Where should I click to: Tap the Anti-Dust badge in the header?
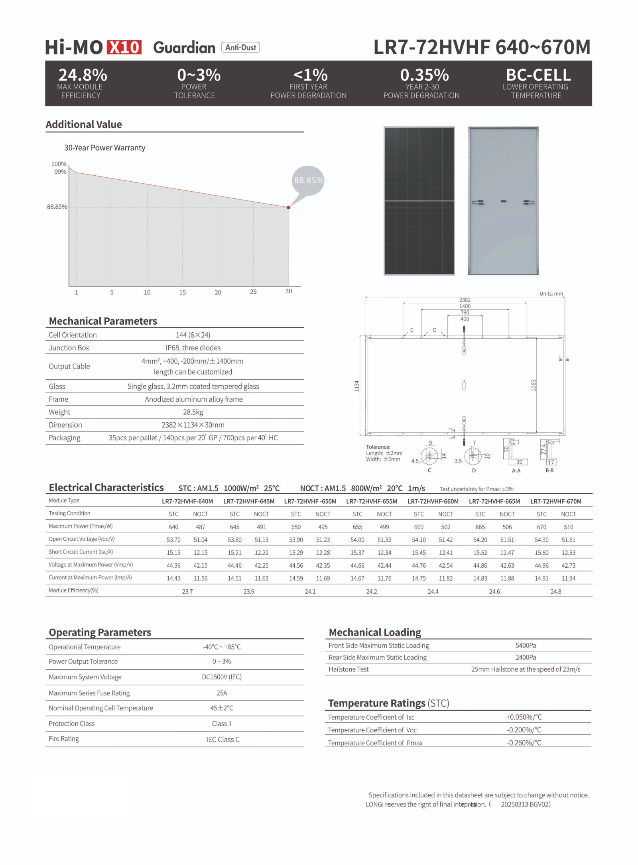pos(240,47)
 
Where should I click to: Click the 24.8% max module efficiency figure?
pos(83,75)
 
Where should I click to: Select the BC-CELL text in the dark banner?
pos(538,75)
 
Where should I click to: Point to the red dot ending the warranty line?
pos(288,208)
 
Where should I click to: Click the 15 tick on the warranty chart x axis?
pos(182,292)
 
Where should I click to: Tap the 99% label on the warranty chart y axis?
pos(60,172)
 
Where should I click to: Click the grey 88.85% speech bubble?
pos(308,180)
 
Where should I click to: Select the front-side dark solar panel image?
pos(419,201)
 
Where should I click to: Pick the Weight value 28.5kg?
pos(193,412)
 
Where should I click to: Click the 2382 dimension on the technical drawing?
pos(465,300)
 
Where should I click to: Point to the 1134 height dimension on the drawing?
pos(357,386)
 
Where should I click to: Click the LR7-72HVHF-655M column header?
pos(371,501)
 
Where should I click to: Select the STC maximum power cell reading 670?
pos(541,527)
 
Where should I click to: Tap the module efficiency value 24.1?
pos(310,592)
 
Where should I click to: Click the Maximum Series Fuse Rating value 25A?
pos(222,693)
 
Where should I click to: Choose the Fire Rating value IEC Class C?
pos(223,739)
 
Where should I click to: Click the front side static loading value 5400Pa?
pos(526,645)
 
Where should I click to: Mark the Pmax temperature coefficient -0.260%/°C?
pos(524,743)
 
